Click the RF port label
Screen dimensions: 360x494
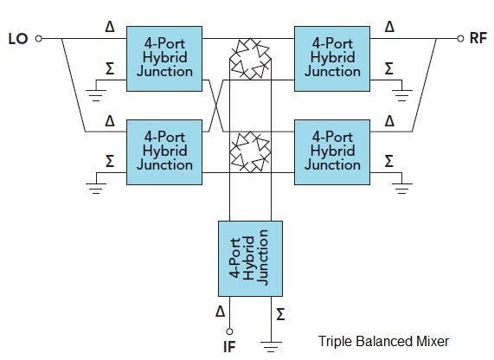click(478, 39)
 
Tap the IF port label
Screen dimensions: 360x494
click(229, 348)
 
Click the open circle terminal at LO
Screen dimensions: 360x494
click(40, 39)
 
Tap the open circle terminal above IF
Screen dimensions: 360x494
click(229, 331)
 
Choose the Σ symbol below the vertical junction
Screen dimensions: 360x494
click(279, 313)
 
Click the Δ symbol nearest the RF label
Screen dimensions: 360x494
click(388, 27)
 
